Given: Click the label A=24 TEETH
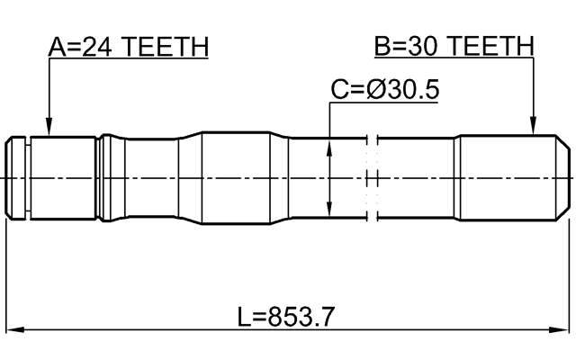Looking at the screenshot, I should click(128, 46).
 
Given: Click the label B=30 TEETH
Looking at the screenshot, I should click(454, 46).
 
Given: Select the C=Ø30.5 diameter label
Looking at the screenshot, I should click(386, 90).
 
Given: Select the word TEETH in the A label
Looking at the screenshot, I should click(167, 46).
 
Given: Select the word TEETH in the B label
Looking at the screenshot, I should click(493, 46).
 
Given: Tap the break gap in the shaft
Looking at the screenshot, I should click(373, 177).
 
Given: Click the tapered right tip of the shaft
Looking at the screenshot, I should click(562, 177).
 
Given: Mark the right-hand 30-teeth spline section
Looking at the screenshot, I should click(499, 177).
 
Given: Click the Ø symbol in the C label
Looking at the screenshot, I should click(376, 90).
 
